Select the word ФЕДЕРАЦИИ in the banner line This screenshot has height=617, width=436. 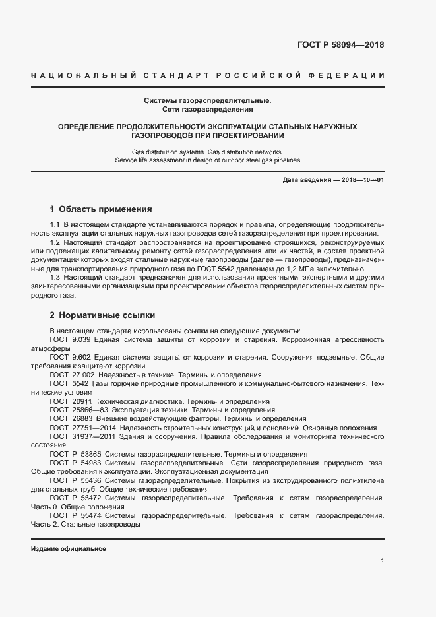pos(348,77)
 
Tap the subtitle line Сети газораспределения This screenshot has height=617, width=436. pos(208,109)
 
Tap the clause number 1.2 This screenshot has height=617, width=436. pos(55,243)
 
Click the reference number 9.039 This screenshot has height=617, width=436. pos(82,339)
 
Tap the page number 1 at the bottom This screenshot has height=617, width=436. pos(382,560)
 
